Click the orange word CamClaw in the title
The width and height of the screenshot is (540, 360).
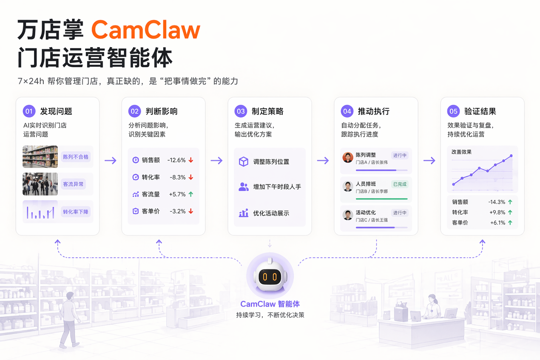point(145,30)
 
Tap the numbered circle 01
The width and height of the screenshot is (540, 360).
point(29,111)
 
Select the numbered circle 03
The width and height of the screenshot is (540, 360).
point(241,111)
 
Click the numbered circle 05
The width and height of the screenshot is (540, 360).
point(453,111)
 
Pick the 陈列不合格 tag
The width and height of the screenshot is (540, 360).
point(76,157)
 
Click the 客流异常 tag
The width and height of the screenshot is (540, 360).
point(73,184)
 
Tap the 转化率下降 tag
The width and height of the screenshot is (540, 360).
point(76,212)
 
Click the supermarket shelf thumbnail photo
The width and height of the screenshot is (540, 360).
point(40,157)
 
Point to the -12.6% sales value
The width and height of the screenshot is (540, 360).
point(176,160)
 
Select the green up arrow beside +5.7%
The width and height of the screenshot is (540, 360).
point(190,194)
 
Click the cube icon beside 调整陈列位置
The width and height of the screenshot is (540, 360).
point(244,162)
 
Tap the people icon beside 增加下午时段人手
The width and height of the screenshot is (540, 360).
point(244,187)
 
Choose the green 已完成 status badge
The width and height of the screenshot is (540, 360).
point(400,184)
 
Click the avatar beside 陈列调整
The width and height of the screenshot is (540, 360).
point(348,157)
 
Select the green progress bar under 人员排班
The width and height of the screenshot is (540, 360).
point(382,199)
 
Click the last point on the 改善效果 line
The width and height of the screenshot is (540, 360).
point(511,156)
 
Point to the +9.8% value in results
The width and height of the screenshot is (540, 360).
point(497,212)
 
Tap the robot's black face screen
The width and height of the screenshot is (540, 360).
point(270,277)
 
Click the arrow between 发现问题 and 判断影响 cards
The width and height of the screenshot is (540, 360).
point(111,160)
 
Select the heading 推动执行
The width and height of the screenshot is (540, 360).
point(373,111)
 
